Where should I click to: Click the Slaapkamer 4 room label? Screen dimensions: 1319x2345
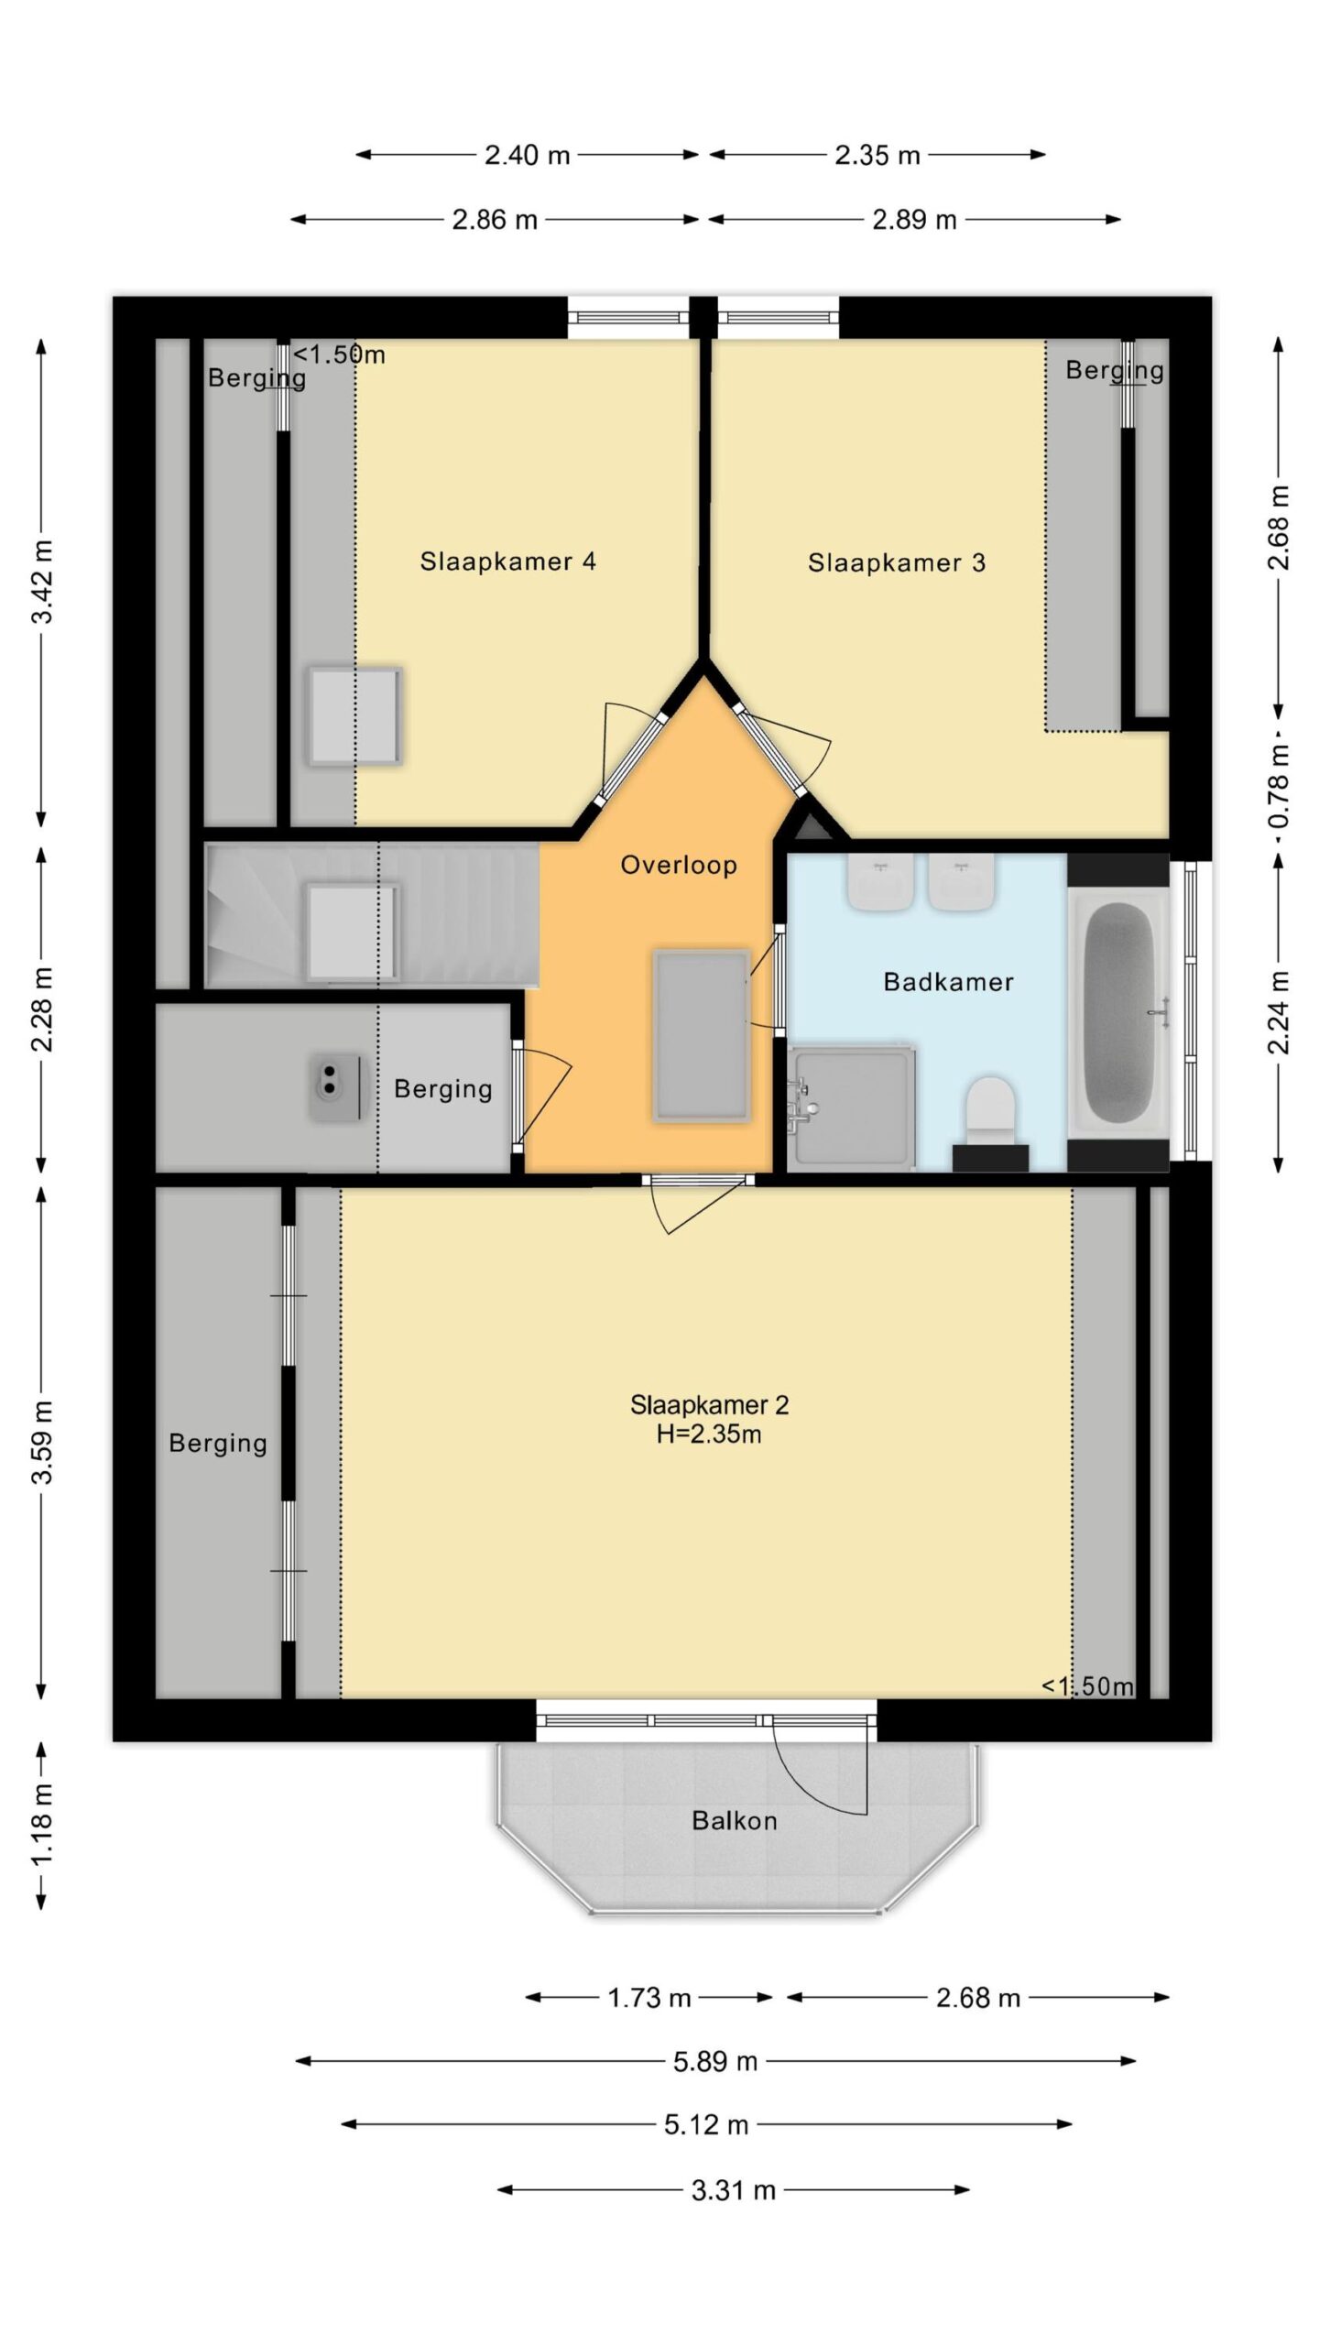pyautogui.click(x=507, y=562)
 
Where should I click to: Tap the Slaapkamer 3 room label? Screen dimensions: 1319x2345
pyautogui.click(x=896, y=562)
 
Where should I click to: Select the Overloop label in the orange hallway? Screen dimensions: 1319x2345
pyautogui.click(x=679, y=865)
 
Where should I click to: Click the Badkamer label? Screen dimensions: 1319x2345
pyautogui.click(x=948, y=982)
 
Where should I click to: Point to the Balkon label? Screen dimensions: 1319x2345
pyautogui.click(x=735, y=1820)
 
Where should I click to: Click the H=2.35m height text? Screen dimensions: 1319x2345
pyautogui.click(x=709, y=1434)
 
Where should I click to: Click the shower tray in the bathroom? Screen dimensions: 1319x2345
pyautogui.click(x=852, y=1108)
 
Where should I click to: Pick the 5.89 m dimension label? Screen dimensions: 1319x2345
pyautogui.click(x=715, y=2062)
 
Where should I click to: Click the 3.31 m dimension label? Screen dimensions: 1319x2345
pyautogui.click(x=733, y=2191)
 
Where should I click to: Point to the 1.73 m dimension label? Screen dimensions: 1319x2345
pyautogui.click(x=649, y=1998)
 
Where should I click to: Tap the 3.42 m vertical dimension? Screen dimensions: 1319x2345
pyautogui.click(x=42, y=582)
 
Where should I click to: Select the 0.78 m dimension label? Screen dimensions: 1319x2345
pyautogui.click(x=1280, y=786)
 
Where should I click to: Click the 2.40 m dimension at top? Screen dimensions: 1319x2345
pyautogui.click(x=527, y=155)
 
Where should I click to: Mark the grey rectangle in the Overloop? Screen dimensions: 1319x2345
pyautogui.click(x=702, y=1036)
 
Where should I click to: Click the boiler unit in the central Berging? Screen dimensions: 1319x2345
pyautogui.click(x=339, y=1088)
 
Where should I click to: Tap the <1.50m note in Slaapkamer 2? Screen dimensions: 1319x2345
pyautogui.click(x=1087, y=1686)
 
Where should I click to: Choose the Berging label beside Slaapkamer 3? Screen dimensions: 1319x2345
pyautogui.click(x=1115, y=371)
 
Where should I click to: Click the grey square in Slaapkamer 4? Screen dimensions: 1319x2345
pyautogui.click(x=354, y=716)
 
